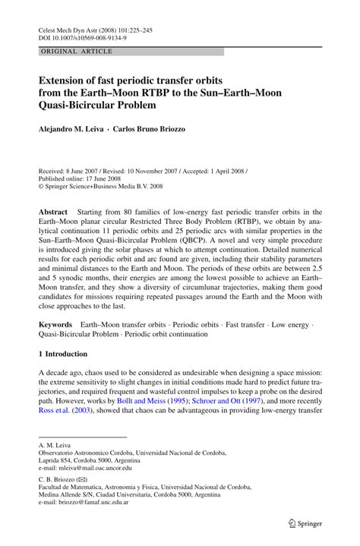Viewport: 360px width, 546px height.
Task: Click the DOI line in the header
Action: coord(84,36)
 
